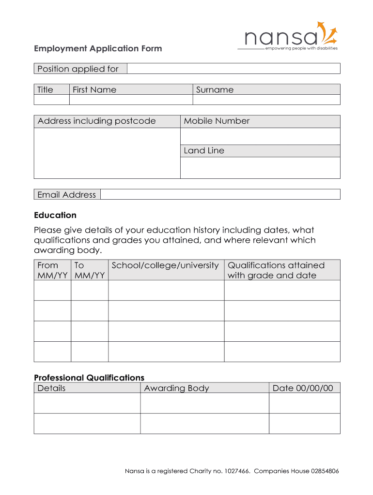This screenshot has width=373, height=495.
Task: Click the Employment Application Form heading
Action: pos(98,48)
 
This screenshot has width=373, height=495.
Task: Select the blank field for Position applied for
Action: pos(233,69)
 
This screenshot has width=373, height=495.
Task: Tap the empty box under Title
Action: pos(51,100)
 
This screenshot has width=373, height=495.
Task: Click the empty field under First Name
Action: pos(131,100)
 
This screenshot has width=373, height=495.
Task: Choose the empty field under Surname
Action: pos(266,100)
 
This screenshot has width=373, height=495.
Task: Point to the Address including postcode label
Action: pos(97,121)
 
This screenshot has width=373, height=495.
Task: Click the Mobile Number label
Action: pos(217,121)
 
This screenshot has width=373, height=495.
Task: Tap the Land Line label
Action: pos(204,151)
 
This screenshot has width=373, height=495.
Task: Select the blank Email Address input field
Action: pos(220,194)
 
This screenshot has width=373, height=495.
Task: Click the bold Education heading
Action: pos(55,215)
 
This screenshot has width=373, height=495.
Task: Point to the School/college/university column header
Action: pos(165,265)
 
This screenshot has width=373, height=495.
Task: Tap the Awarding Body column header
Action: pos(176,388)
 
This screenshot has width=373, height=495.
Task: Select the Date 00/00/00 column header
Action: pos(303,388)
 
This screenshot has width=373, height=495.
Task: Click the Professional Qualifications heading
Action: pos(89,378)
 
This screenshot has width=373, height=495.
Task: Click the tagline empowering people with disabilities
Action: pos(301,48)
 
